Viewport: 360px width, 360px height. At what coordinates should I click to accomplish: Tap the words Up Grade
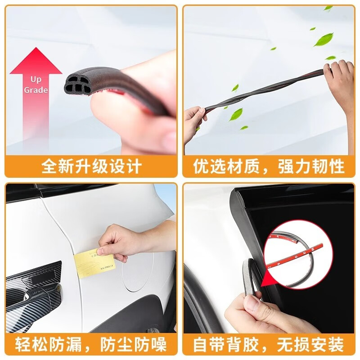(36, 85)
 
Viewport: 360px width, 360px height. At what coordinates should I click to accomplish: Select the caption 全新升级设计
(91, 166)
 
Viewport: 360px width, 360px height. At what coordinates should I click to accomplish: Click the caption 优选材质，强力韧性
(269, 166)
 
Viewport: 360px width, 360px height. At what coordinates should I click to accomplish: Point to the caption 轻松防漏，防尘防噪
(91, 345)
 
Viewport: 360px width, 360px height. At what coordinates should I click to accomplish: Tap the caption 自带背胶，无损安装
(269, 345)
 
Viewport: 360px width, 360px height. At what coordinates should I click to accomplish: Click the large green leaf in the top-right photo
(324, 39)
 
